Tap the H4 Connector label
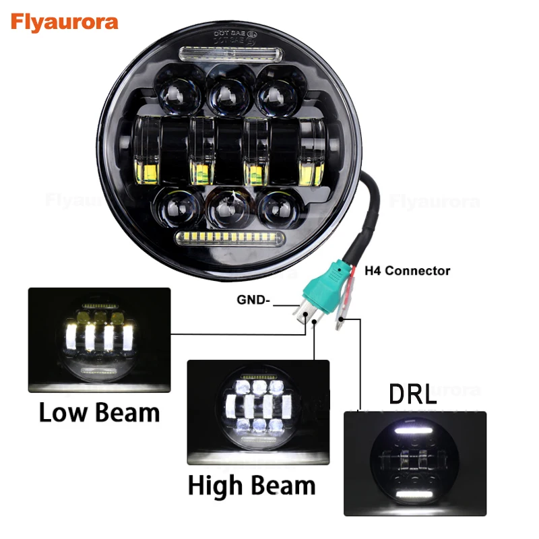coord(407,271)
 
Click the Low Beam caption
coord(99,412)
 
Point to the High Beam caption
coord(251,484)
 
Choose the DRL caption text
coord(413,395)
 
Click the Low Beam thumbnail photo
coord(99,340)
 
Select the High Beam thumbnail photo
coord(258,412)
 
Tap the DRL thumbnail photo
coord(414,463)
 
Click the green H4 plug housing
coord(321,289)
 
